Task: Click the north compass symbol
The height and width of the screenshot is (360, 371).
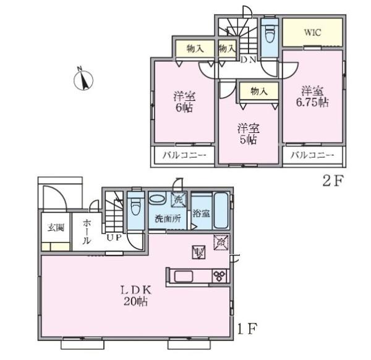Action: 83,79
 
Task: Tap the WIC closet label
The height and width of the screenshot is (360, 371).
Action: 312,32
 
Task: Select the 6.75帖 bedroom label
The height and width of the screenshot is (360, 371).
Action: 312,96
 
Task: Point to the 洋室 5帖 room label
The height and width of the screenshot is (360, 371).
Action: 249,134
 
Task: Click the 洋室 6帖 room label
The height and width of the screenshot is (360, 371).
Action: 184,102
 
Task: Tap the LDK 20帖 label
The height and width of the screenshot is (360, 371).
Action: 136,296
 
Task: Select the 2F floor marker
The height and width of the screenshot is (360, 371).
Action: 333,181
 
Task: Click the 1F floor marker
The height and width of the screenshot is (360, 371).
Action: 247,328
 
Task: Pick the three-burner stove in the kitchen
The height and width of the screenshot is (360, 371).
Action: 220,276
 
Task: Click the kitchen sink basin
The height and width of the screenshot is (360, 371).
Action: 184,276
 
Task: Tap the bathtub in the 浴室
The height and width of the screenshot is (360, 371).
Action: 221,211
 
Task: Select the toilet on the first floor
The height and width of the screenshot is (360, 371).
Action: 135,206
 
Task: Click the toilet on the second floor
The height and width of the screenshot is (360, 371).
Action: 270,34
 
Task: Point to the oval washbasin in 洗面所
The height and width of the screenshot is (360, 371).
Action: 157,199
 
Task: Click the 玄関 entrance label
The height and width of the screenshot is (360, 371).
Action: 56,228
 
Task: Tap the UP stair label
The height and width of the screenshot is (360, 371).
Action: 114,237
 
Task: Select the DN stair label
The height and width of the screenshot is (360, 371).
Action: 248,60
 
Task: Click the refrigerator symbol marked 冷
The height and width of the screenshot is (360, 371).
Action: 221,242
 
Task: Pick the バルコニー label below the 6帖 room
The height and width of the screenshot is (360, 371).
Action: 184,155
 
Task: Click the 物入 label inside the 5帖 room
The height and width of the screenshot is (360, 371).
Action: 259,91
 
